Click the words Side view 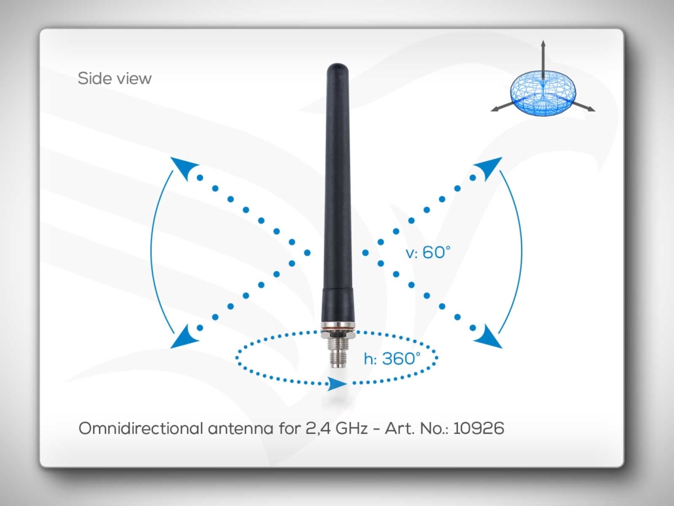click(x=115, y=79)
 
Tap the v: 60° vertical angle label click(x=428, y=253)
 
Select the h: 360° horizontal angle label click(x=392, y=358)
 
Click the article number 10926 click(x=478, y=428)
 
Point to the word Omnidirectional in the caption click(x=141, y=428)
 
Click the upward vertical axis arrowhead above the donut click(x=543, y=43)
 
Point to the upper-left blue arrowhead click(x=183, y=168)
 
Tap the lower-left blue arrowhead click(x=184, y=337)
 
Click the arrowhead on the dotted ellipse click(x=336, y=384)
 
